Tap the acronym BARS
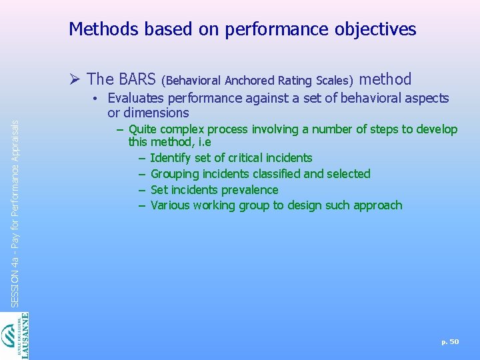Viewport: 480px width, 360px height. tap(137, 79)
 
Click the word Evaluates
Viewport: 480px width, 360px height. tap(135, 98)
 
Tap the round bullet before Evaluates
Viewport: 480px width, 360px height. tap(97, 99)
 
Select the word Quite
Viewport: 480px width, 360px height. tap(142, 129)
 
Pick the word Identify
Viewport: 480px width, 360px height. tap(171, 158)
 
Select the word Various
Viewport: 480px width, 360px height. tap(171, 205)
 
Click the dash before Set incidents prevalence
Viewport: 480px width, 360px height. tap(142, 190)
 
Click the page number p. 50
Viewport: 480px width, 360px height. tap(450, 341)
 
